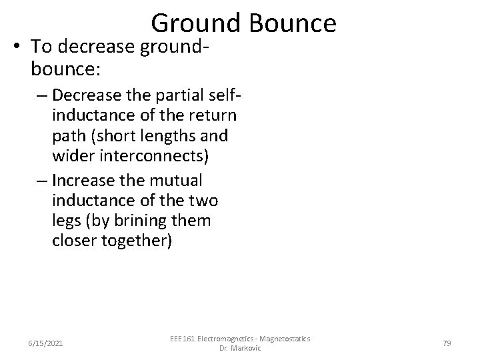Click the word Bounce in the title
(293, 23)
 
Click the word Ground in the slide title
(197, 23)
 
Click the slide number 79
(447, 343)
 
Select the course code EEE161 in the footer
(183, 339)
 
